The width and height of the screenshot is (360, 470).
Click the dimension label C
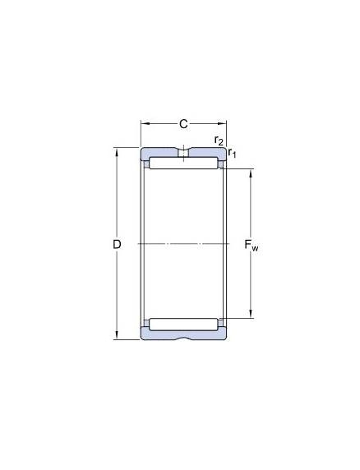(x=183, y=124)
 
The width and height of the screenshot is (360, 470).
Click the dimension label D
(x=117, y=245)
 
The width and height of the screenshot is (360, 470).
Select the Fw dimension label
(x=252, y=246)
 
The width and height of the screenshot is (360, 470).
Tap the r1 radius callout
(x=232, y=153)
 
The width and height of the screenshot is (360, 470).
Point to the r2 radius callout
(x=219, y=141)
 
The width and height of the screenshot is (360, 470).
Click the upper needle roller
(x=183, y=163)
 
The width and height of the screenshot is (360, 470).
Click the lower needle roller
(x=183, y=325)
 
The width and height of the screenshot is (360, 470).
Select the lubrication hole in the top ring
(x=183, y=153)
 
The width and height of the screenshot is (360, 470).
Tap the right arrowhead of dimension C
(x=222, y=123)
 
